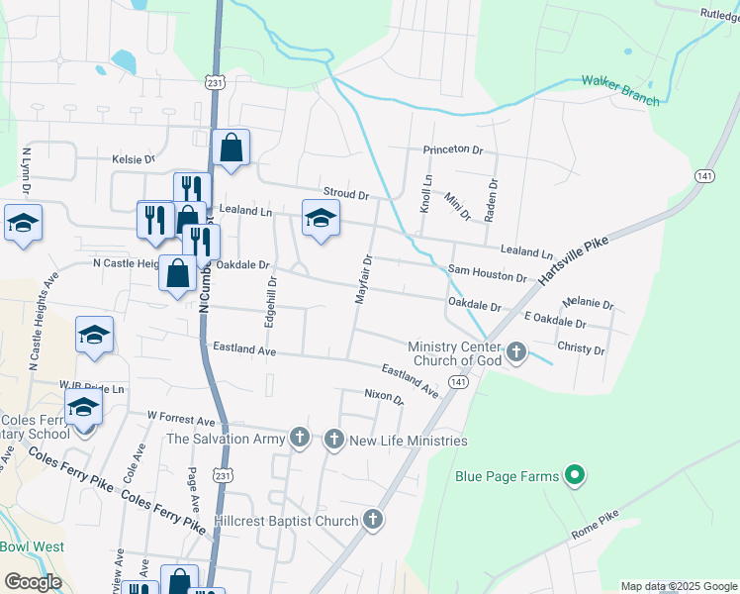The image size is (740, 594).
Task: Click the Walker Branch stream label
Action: (x=620, y=87)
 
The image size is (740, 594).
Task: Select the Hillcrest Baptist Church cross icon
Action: (x=373, y=520)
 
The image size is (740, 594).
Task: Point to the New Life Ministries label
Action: (x=408, y=440)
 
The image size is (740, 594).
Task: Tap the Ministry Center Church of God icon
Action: (x=515, y=351)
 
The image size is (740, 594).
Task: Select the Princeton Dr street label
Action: (x=452, y=150)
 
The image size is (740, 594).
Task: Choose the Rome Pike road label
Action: (x=594, y=526)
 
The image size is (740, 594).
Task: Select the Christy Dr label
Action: (x=581, y=349)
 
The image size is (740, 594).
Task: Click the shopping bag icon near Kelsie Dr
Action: (x=231, y=148)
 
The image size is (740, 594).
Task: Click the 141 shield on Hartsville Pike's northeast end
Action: (x=703, y=175)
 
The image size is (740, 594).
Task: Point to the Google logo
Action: (x=33, y=582)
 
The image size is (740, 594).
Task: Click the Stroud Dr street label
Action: (x=345, y=194)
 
